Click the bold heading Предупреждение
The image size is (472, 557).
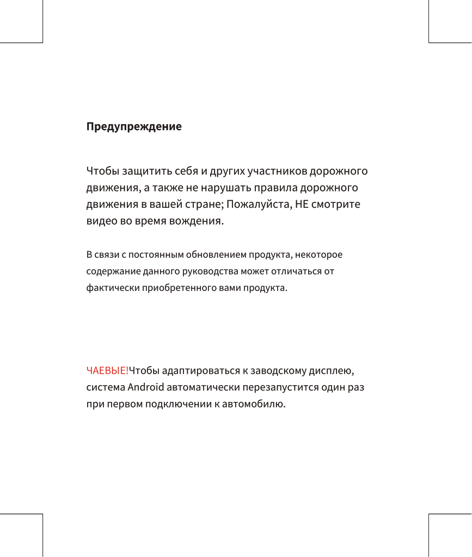pos(134,127)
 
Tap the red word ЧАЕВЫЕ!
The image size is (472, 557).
pos(107,371)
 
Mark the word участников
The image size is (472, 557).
pos(277,172)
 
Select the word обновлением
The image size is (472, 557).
pos(214,255)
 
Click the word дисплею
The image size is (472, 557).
pos(332,371)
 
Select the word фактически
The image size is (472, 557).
pos(113,287)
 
